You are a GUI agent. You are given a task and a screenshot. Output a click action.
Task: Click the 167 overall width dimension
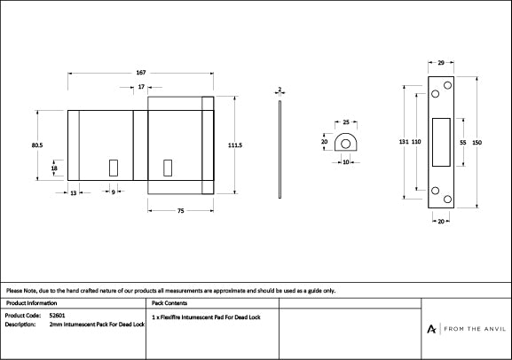point(141,72)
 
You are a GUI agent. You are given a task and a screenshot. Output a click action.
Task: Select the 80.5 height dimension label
point(36,145)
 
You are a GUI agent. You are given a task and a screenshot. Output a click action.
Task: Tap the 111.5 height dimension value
point(234,145)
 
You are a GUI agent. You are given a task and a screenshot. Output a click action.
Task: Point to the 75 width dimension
point(180,210)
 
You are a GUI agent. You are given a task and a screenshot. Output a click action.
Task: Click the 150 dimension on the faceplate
point(477,142)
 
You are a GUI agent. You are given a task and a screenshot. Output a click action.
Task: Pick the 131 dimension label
point(403,142)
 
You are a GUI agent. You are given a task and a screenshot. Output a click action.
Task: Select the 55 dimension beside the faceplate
point(462,142)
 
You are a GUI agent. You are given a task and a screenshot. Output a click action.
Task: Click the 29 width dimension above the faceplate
point(441,64)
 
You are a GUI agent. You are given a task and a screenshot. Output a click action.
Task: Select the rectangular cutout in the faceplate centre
point(440,142)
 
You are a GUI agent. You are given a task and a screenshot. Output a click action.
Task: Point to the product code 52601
point(58,315)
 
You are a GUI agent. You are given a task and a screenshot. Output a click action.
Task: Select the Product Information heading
point(31,302)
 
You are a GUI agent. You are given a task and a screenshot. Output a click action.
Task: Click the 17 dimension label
point(142,87)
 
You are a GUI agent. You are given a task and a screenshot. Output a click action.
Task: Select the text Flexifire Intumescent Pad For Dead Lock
point(209,316)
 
